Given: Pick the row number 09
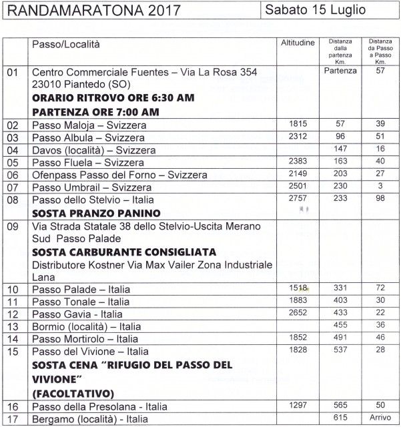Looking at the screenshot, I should point(13,227).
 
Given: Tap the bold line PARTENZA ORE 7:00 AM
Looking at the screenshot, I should point(95,111).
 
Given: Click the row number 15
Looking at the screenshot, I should point(13,351).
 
